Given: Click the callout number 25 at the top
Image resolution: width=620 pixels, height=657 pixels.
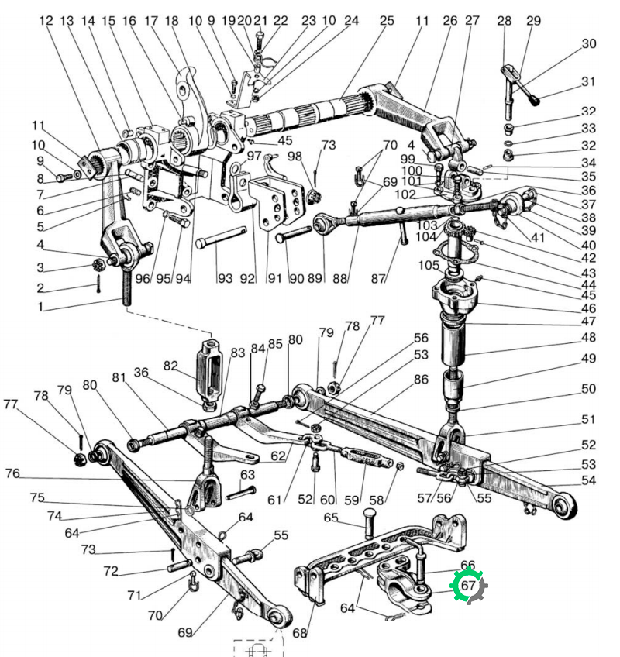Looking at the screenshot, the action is tap(387, 20).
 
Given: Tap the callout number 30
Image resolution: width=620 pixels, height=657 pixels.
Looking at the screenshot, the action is tap(589, 43).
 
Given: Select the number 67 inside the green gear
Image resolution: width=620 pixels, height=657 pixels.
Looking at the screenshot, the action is tap(468, 585).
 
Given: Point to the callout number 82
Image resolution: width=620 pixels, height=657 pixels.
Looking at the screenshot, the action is tap(170, 366).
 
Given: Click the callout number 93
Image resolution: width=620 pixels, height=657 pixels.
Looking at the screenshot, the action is tap(225, 278).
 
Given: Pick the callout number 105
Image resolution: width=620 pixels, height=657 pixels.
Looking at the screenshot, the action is tap(429, 265).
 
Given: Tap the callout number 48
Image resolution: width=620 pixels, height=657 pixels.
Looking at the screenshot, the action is tap(588, 337).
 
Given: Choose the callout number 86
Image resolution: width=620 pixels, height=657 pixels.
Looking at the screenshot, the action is tap(421, 379).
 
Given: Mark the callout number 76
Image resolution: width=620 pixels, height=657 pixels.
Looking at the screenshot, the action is tap(12, 473).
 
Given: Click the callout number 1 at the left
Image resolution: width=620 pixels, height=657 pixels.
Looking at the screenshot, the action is tap(40, 307).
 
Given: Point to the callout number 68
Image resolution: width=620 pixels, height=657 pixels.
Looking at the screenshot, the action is tap(300, 633).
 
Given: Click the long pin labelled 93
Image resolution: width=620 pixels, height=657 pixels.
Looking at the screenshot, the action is tap(221, 238).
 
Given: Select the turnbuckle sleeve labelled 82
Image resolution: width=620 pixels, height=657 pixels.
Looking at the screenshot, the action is tap(208, 370).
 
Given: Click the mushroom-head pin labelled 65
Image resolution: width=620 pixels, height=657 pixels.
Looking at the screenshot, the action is tap(369, 522).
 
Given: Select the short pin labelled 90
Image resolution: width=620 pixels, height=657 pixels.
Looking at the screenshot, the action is tap(294, 233).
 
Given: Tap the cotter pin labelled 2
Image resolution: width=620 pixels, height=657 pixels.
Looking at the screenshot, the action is tap(98, 284).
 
